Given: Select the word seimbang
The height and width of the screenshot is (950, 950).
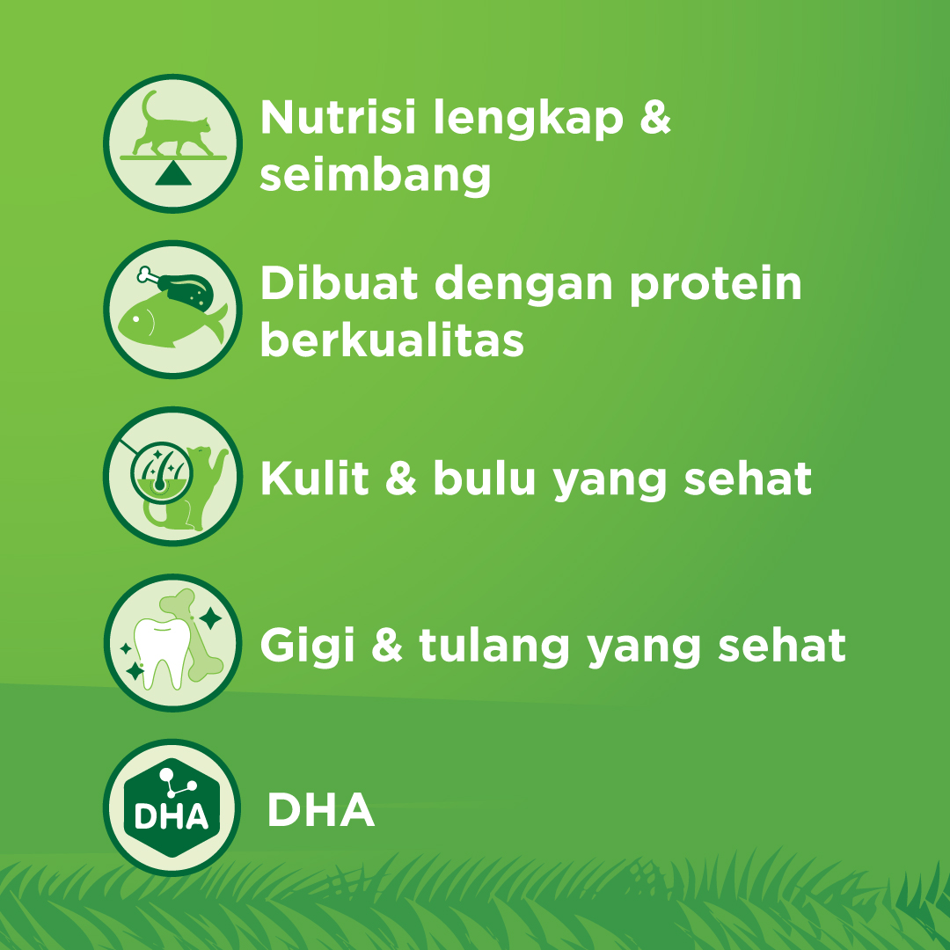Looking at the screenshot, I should (x=376, y=176).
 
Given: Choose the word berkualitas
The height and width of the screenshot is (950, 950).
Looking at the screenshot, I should (x=391, y=340).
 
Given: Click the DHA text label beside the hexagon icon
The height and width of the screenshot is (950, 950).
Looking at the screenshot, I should (x=320, y=811).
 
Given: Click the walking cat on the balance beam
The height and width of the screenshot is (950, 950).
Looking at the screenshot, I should (x=172, y=124).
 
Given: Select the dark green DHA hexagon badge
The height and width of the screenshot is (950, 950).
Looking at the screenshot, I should (x=172, y=807).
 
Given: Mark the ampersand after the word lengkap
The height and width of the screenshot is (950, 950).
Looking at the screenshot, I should (x=654, y=119).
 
